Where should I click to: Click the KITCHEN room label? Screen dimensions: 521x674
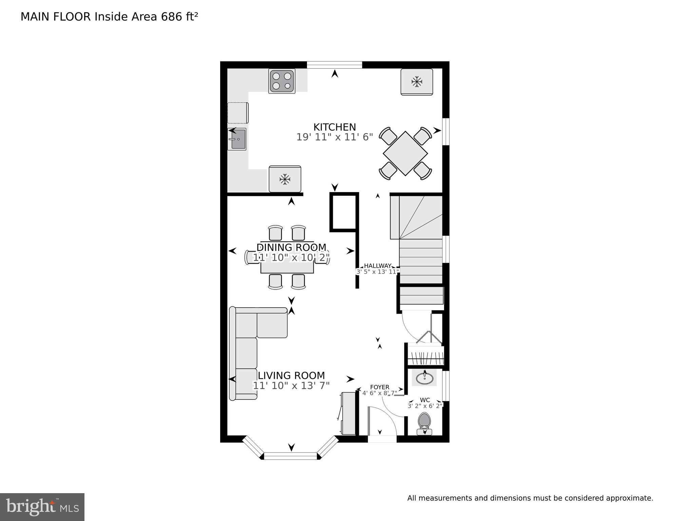tap(334, 127)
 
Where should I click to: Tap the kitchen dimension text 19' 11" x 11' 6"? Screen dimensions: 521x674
tap(334, 137)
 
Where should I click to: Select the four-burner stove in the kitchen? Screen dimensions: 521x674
tap(282, 81)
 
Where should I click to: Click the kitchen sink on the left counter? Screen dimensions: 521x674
tap(237, 139)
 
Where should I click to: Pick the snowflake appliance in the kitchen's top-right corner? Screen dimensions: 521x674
tap(417, 81)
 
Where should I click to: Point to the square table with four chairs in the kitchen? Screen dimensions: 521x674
tap(405, 153)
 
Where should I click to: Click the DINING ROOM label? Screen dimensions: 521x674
tap(291, 247)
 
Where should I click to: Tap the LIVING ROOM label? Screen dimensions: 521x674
tap(291, 375)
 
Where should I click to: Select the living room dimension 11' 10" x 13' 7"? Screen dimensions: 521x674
tap(291, 386)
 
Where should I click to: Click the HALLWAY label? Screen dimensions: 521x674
tap(378, 266)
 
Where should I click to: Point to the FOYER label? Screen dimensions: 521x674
tap(380, 387)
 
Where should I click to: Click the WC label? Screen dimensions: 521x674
tap(425, 400)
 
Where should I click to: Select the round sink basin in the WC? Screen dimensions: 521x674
tap(424, 377)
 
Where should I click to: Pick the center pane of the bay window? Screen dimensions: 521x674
tap(290, 456)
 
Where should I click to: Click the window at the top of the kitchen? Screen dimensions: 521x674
tap(334, 65)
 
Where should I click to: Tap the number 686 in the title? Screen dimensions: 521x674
tap(172, 17)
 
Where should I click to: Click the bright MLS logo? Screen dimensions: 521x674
tap(42, 507)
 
